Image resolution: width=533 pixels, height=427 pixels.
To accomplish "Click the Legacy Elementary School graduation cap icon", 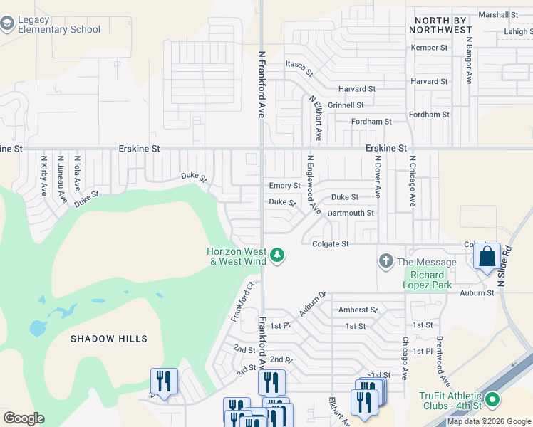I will click(x=8, y=25).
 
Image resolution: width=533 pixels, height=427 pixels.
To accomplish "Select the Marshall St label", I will click(x=498, y=15).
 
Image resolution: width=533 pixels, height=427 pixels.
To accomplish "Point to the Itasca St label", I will click(x=299, y=68).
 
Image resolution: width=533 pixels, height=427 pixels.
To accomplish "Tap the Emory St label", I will click(x=284, y=186).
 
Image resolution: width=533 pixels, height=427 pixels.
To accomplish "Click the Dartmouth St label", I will click(x=350, y=213).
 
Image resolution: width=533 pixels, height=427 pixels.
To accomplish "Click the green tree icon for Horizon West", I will click(x=278, y=255).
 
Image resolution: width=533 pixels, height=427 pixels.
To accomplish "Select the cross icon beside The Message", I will click(x=386, y=261).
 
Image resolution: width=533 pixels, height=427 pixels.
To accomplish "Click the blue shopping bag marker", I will click(x=487, y=256).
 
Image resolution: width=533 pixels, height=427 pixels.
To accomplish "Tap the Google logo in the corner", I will click(x=23, y=418).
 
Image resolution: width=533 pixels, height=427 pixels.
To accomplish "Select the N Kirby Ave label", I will click(x=43, y=176).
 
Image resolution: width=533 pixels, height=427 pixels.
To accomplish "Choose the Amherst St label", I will click(x=358, y=310).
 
